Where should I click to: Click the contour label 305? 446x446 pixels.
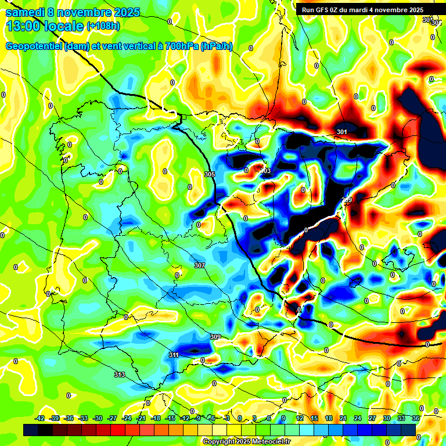(210, 174)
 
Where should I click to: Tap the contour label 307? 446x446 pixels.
(200, 265)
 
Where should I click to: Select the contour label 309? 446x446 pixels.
(215, 337)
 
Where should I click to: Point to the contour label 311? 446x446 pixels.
(174, 355)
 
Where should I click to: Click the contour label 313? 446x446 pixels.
(120, 375)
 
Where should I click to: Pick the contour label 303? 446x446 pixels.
(265, 171)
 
